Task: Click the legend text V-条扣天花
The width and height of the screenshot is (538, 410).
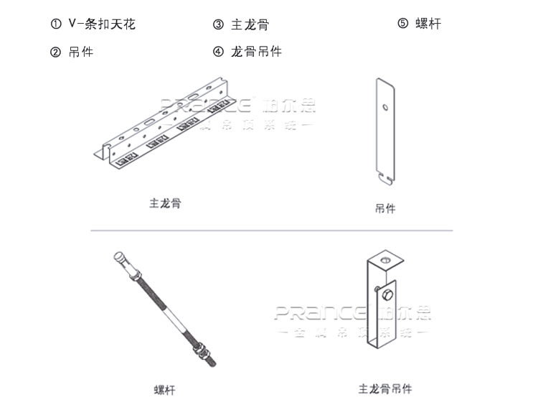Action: click(102, 24)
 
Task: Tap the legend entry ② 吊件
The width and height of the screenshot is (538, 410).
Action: click(72, 52)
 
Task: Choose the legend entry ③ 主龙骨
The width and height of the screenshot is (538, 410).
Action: click(240, 24)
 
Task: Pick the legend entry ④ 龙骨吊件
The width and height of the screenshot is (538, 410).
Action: click(247, 52)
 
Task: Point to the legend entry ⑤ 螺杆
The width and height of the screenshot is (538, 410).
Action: click(419, 24)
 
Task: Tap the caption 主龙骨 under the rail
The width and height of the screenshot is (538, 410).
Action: click(165, 203)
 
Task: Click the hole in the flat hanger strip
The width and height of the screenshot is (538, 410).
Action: click(386, 109)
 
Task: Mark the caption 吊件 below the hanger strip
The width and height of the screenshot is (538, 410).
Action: click(385, 209)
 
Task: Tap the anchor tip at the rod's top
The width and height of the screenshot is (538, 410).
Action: click(120, 258)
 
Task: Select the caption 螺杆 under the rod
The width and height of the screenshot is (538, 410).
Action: click(164, 391)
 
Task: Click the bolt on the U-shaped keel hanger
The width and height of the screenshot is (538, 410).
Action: click(388, 295)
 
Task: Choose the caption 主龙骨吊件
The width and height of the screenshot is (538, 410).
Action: click(385, 389)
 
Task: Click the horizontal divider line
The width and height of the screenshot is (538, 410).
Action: click(271, 230)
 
